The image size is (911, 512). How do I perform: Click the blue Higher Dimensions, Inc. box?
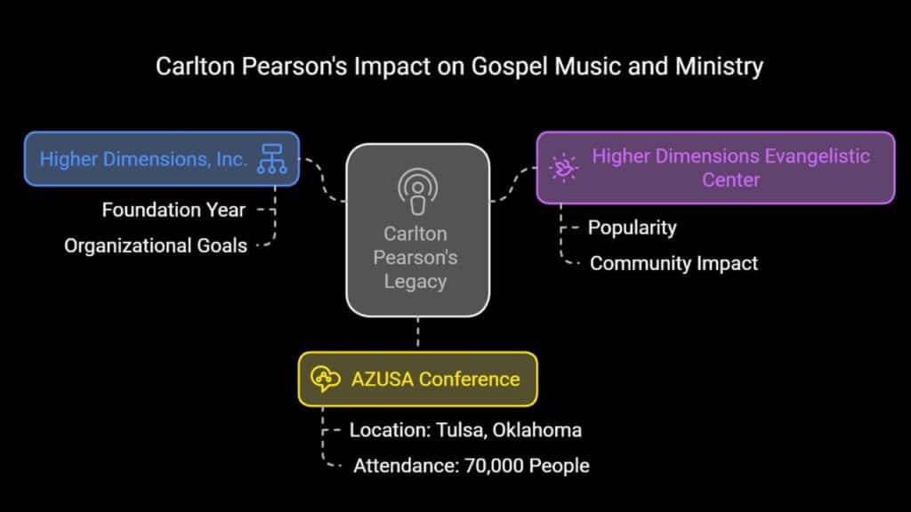[x=162, y=159]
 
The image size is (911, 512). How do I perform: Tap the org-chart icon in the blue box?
[x=272, y=159]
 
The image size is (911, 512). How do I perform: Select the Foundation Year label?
[x=173, y=210]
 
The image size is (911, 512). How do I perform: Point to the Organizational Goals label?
[x=156, y=245]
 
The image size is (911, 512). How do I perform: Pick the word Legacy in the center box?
[x=415, y=282]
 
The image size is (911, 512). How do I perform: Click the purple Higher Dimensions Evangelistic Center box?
[x=716, y=168]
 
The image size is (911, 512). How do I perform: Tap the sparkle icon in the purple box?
[x=563, y=168]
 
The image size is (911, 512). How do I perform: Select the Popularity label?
[x=633, y=228]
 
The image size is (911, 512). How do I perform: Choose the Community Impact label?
[x=673, y=263]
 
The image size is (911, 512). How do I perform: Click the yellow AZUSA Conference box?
[x=418, y=379]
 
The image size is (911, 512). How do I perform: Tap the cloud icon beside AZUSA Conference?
[x=326, y=379]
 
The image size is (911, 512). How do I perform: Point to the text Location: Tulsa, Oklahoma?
[x=465, y=430]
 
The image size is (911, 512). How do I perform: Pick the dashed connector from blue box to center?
[x=322, y=180]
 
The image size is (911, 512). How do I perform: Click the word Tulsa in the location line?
[x=462, y=430]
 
